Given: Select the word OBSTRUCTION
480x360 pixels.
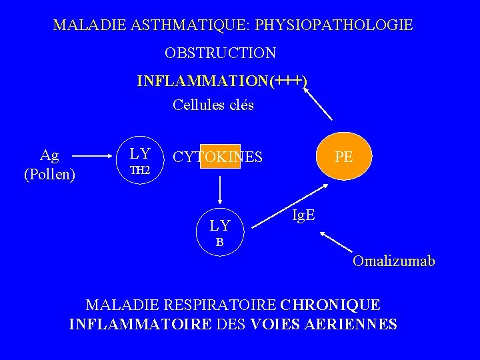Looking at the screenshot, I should point(221,52).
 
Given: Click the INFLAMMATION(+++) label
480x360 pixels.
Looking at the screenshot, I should point(222,81).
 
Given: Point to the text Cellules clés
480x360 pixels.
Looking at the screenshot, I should point(213,105).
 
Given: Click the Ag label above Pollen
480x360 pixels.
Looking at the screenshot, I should point(49,155).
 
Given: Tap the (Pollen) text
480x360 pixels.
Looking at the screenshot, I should point(49,175).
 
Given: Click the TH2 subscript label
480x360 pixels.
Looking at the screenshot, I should point(140,171).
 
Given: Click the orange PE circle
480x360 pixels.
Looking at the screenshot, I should point(344,157).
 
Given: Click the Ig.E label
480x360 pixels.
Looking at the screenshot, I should point(304,215).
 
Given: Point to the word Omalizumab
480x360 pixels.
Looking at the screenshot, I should point(394,261).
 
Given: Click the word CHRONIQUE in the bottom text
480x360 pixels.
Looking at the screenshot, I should point(331,305).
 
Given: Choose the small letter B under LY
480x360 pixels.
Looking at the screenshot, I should point(219,243).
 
